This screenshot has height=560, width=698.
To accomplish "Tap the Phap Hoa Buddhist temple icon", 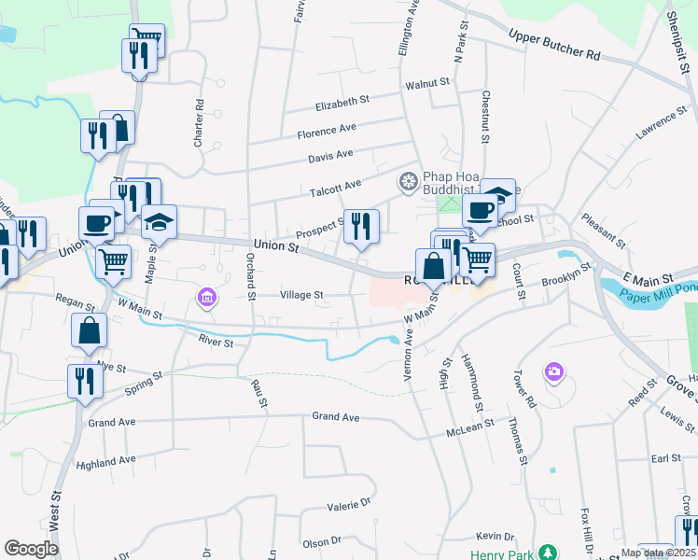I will [x=408, y=180].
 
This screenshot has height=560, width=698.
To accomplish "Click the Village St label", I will [x=301, y=295].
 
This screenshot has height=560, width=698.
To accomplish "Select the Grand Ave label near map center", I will [x=336, y=416].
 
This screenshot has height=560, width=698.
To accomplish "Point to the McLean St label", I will [x=469, y=428].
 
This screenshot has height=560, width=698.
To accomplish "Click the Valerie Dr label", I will [x=349, y=506].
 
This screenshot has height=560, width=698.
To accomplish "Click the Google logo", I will [x=32, y=548].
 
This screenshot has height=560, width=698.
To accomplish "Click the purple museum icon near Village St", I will [x=206, y=298].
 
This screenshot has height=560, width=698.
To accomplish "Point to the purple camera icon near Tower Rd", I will [x=554, y=372].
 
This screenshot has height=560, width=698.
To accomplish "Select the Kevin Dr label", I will [x=495, y=537].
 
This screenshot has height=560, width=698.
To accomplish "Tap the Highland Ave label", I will [x=107, y=461].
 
